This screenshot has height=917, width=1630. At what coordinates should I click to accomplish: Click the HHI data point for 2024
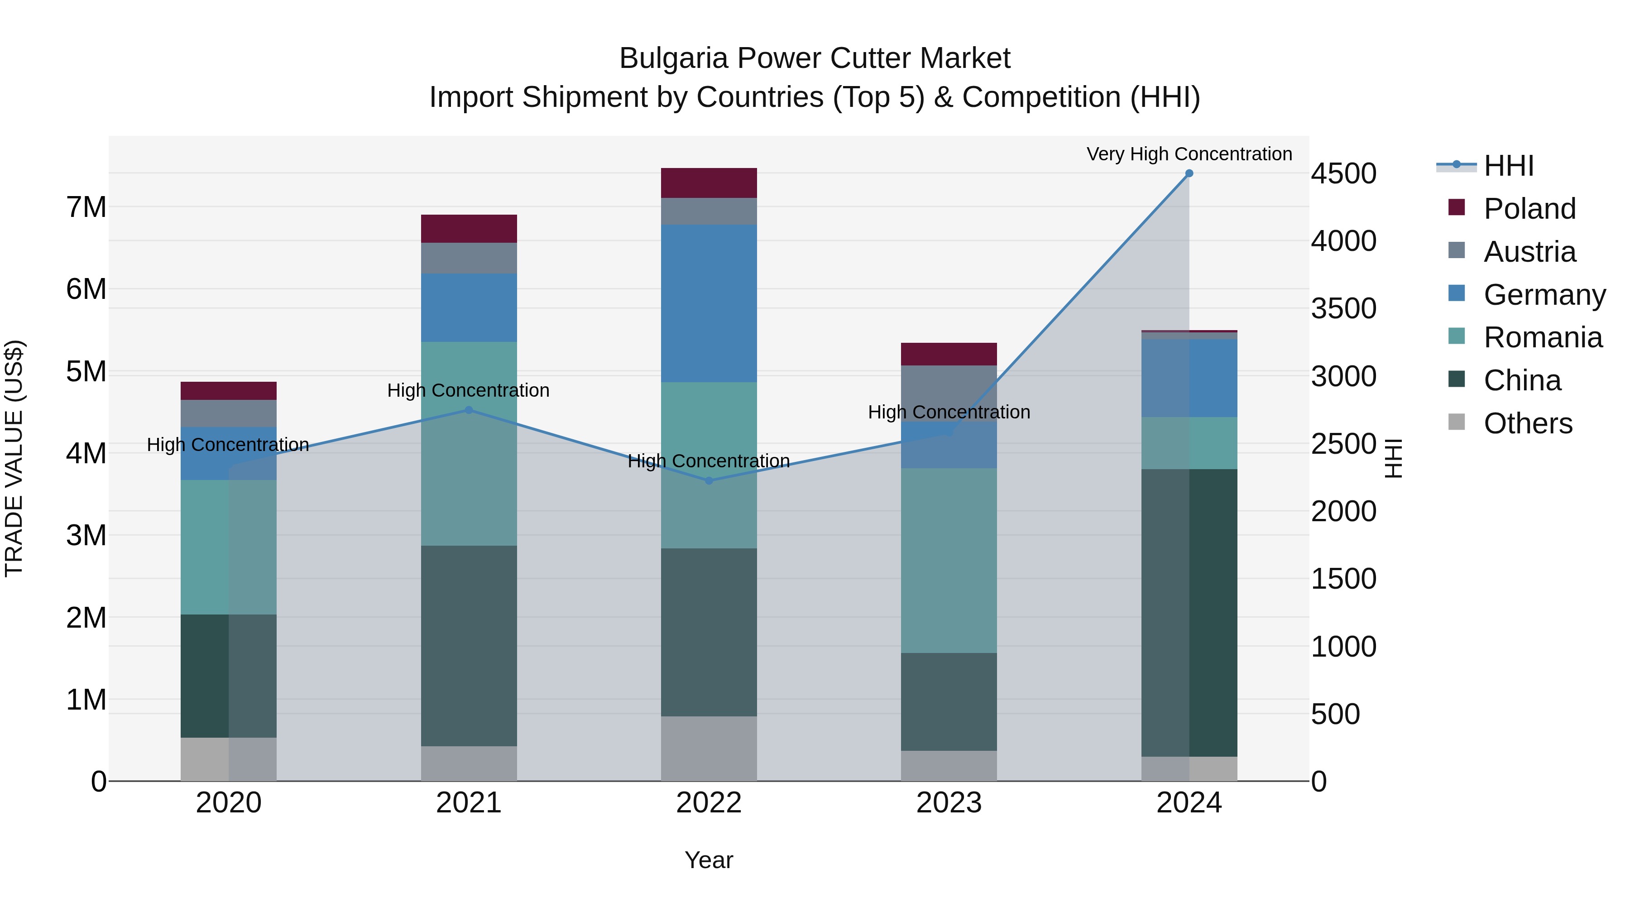coord(1189,173)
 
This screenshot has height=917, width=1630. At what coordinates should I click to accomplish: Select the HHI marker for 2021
coord(469,410)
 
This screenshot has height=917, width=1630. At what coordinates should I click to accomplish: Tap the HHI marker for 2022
coord(709,481)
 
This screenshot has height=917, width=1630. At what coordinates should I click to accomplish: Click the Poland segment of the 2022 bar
coord(709,183)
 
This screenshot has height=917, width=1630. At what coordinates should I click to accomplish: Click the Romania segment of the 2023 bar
coord(949,560)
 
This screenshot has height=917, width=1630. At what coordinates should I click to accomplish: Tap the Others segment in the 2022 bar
coord(709,748)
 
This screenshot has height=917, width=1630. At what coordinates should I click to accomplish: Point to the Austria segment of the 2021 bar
coord(469,258)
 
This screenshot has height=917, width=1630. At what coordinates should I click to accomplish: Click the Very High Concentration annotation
coord(1189,154)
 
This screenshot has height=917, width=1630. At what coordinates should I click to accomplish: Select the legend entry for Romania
coord(1542,338)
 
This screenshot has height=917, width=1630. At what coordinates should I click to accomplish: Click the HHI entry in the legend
coord(1509,166)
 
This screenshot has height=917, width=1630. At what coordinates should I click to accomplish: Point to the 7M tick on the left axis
coord(86,207)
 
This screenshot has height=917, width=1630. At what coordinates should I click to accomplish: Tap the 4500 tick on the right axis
coord(1343,174)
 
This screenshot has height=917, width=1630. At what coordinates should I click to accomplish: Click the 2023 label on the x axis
coord(949,803)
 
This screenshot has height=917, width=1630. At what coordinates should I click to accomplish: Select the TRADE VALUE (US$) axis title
coord(14,458)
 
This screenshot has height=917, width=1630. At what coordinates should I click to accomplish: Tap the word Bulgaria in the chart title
coord(673,59)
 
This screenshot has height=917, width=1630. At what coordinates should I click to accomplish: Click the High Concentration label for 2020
coord(228,445)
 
